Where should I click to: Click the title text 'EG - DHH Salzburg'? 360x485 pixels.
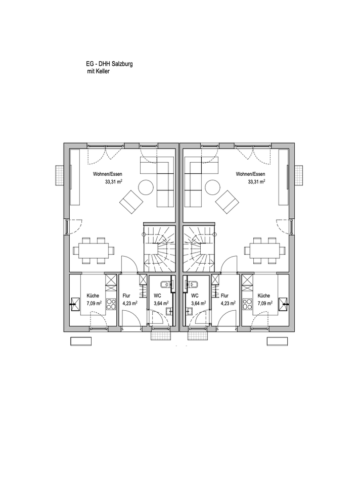pos(109,64)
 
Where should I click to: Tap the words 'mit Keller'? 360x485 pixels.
pos(99,71)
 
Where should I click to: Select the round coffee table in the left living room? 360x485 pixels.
pos(146,187)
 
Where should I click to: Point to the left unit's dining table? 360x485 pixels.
pos(93,251)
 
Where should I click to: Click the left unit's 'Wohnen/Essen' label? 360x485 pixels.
pos(107,174)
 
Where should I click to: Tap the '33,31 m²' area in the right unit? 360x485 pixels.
pos(256,182)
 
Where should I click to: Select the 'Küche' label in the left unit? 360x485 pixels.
pos(93,296)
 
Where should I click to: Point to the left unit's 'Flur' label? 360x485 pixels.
pos(126,296)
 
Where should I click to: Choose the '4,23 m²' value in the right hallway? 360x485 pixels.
pos(228,304)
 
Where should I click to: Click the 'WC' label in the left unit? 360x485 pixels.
pos(157,296)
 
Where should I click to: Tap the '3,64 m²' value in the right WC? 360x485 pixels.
pos(198,304)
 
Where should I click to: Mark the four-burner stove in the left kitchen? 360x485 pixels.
pos(111,304)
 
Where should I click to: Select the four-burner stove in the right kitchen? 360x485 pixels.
pos(247,304)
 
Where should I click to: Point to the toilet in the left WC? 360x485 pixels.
pos(166,284)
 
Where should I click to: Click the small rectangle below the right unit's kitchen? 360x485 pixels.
pos(278,341)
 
